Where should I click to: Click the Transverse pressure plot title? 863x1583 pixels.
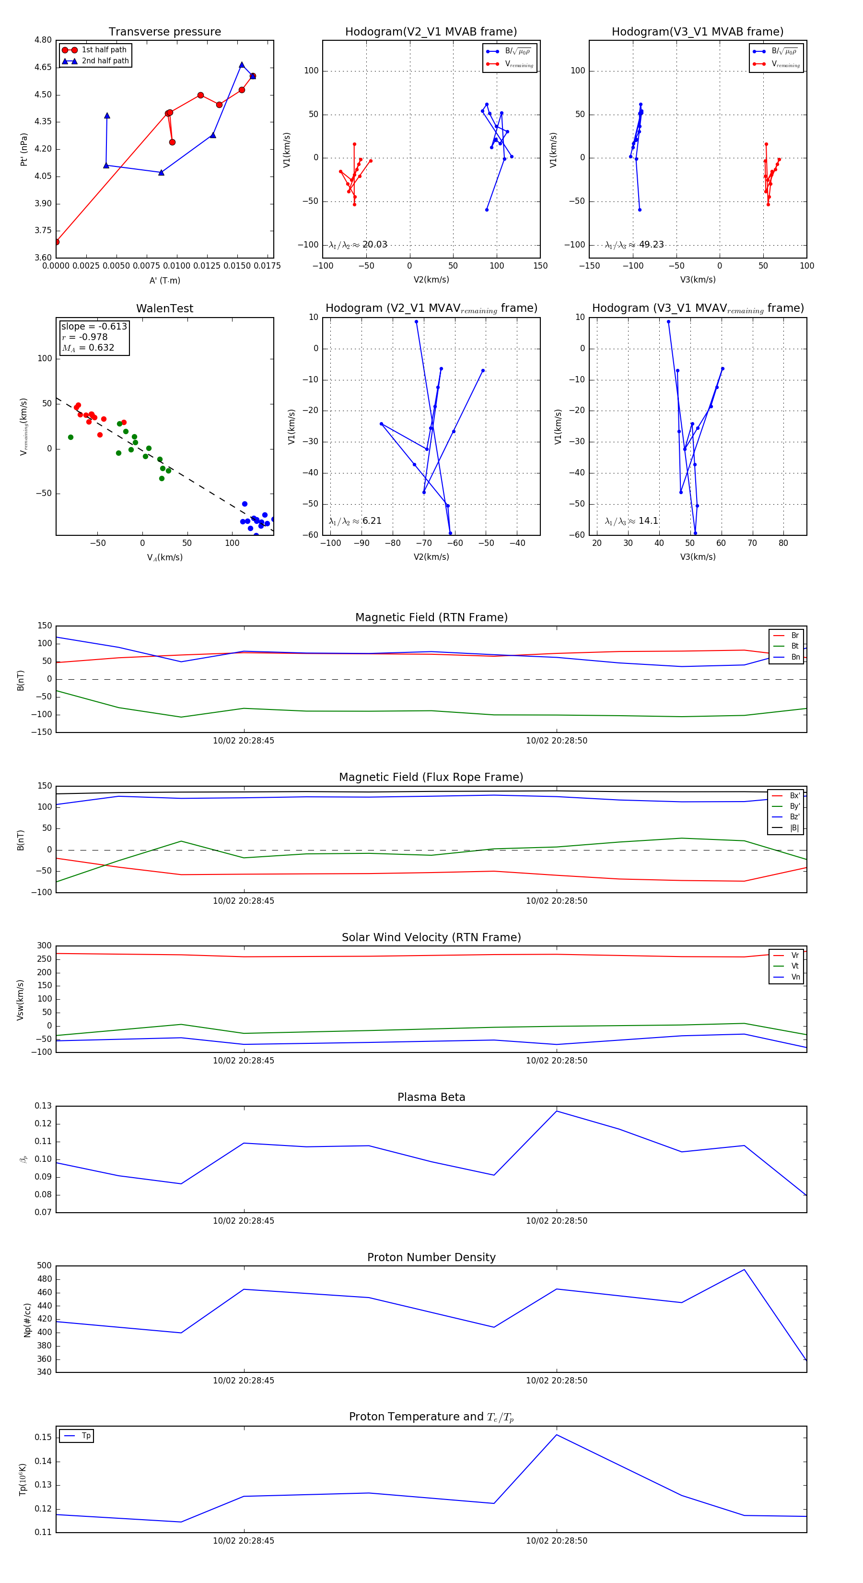pyautogui.click(x=164, y=32)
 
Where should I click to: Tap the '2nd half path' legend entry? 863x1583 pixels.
pyautogui.click(x=105, y=61)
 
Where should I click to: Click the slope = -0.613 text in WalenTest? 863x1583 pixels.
pyautogui.click(x=94, y=326)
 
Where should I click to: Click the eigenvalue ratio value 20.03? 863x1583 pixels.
pyautogui.click(x=374, y=245)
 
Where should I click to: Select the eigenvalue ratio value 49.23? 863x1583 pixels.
pyautogui.click(x=651, y=245)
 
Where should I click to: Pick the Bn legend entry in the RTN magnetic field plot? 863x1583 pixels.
pyautogui.click(x=795, y=657)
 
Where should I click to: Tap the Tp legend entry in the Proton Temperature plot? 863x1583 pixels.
pyautogui.click(x=86, y=1436)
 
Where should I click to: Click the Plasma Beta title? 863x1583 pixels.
pyautogui.click(x=431, y=1097)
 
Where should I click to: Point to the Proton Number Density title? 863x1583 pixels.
pyautogui.click(x=431, y=1257)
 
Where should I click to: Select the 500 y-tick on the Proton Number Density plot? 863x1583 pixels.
pyautogui.click(x=44, y=1265)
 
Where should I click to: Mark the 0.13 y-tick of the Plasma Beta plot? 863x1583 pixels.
pyautogui.click(x=43, y=1106)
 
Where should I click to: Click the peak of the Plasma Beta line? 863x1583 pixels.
pyautogui.click(x=557, y=1111)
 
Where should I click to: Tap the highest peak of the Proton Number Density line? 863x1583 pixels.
pyautogui.click(x=744, y=1270)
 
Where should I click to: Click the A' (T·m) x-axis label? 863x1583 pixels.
pyautogui.click(x=164, y=280)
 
